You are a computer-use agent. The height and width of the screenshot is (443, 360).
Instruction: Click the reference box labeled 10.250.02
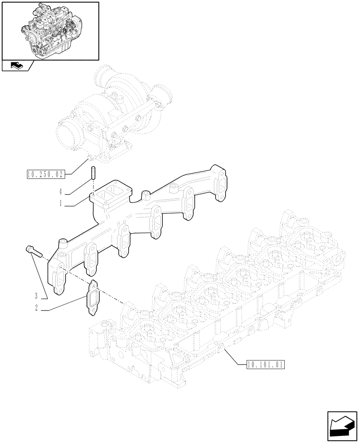point(45,174)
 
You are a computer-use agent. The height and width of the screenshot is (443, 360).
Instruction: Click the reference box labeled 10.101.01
point(264,365)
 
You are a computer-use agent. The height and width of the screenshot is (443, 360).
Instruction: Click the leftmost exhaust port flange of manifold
point(59,280)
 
